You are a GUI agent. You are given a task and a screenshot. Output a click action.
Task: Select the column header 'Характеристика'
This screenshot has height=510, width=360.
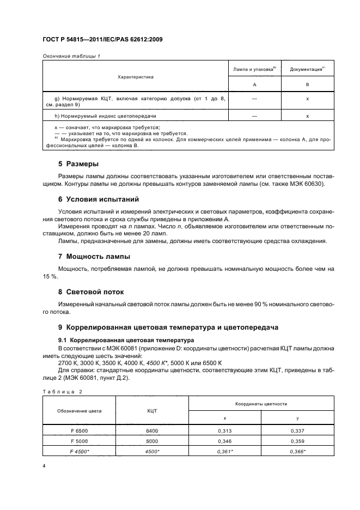136,77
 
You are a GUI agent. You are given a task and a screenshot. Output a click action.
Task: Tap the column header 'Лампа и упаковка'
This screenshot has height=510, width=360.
254,70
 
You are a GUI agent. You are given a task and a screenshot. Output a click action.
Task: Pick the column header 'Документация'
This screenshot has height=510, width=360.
307,70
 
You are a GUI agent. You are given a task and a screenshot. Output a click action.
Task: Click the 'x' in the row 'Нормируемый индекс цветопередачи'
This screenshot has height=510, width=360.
308,116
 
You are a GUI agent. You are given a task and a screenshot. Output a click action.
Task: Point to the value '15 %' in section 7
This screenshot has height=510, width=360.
50,277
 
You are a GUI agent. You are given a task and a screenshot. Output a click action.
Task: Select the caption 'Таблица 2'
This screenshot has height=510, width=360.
59,391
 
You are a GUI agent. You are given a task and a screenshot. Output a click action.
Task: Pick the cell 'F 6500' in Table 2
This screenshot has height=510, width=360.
80,430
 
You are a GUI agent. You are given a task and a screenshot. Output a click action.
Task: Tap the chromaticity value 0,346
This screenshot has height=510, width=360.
224,440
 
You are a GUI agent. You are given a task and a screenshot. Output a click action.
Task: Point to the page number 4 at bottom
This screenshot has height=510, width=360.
44,466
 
